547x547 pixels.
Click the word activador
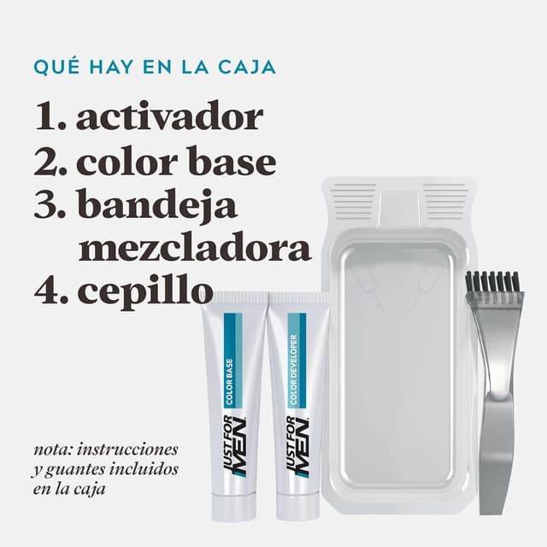(169, 115)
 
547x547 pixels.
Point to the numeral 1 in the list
(44, 116)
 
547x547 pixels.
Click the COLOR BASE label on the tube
(229, 382)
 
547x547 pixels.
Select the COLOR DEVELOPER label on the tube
(293, 370)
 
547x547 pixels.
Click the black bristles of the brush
(494, 281)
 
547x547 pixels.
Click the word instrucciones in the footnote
(127, 450)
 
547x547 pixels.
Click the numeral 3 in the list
(45, 203)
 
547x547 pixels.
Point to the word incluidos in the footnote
(144, 469)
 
